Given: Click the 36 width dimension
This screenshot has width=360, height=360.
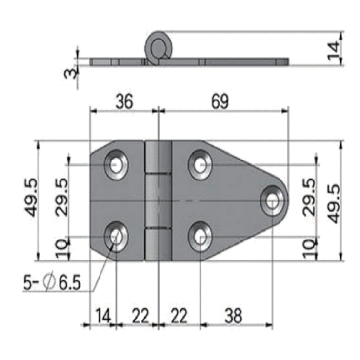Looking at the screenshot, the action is tap(124, 101).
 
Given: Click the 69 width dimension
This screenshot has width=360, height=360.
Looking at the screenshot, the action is tap(220, 101).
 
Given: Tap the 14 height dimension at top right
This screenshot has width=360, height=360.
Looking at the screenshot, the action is tap(334, 51).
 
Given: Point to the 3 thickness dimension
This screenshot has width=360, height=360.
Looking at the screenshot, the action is tap(70, 72).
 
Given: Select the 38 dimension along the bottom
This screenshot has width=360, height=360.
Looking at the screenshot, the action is tap(233, 316).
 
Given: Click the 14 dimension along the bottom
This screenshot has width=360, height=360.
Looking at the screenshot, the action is tap(103, 316).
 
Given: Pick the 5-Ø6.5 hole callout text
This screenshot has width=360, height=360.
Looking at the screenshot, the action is tap(52, 282).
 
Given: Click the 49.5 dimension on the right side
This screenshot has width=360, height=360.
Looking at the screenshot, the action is tap(334, 203).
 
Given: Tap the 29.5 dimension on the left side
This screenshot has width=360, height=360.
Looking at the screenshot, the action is tap(61, 197).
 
